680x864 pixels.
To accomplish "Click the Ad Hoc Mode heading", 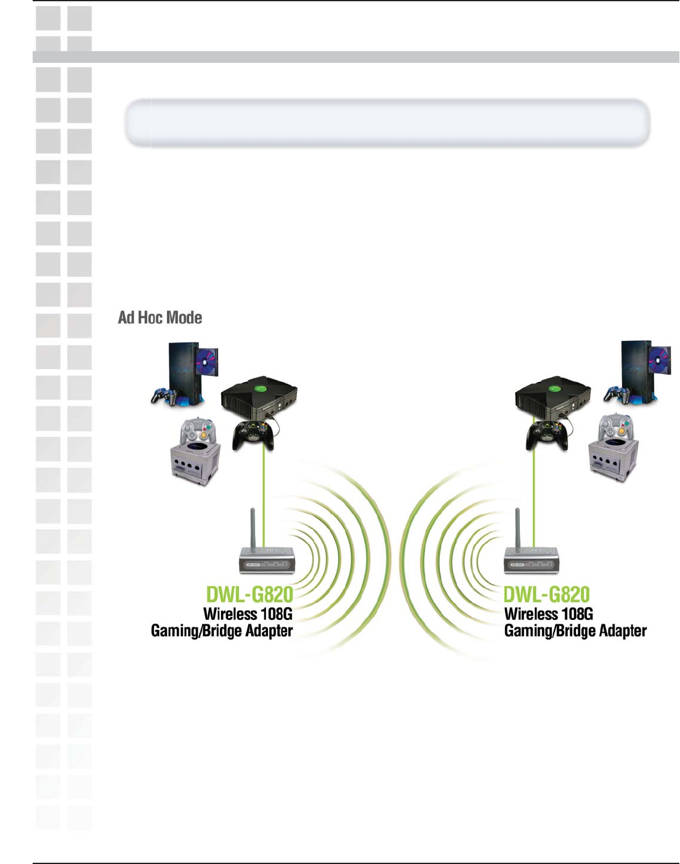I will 160,317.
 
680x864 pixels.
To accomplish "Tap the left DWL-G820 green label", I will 249,595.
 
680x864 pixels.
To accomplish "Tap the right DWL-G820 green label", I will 547,595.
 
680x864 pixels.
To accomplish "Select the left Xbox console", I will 259,397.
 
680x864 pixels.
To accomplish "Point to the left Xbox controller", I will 253,435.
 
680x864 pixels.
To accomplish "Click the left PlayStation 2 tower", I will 182,373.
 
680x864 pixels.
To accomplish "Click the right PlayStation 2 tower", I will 635,370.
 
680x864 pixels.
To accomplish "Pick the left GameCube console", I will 195,462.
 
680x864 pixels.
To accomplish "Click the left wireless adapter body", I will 267,560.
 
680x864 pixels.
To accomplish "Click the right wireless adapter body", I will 532,560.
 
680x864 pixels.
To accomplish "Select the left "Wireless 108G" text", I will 248,614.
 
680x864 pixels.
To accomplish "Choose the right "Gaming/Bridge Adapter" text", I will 575,631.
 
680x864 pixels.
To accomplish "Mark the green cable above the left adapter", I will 264,493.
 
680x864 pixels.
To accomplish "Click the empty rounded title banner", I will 387,123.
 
